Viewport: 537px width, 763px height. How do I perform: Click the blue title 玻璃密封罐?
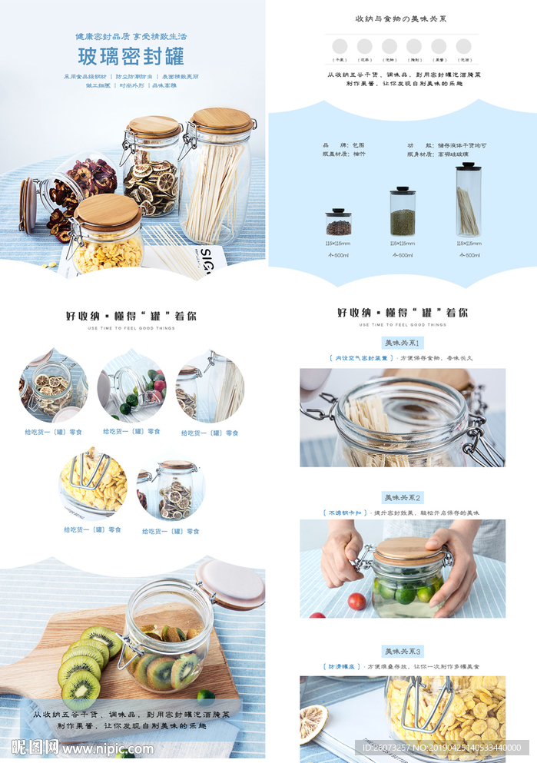[131, 56]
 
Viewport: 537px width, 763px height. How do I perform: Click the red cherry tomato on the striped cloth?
[356, 601]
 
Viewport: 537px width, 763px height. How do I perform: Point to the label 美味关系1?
[403, 343]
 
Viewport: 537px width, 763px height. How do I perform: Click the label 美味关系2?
[403, 498]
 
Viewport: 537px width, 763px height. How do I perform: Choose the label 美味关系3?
[403, 652]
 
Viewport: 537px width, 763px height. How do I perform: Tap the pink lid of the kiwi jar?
[230, 584]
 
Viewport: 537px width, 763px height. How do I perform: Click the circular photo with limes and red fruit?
[131, 388]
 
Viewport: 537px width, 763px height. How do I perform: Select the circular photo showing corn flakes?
[94, 483]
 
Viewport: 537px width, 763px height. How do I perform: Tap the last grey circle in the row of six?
[463, 46]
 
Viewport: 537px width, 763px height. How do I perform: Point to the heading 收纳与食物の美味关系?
[401, 18]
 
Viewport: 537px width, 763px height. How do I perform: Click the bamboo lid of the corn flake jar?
[108, 211]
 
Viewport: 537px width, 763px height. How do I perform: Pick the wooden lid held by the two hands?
[409, 549]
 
